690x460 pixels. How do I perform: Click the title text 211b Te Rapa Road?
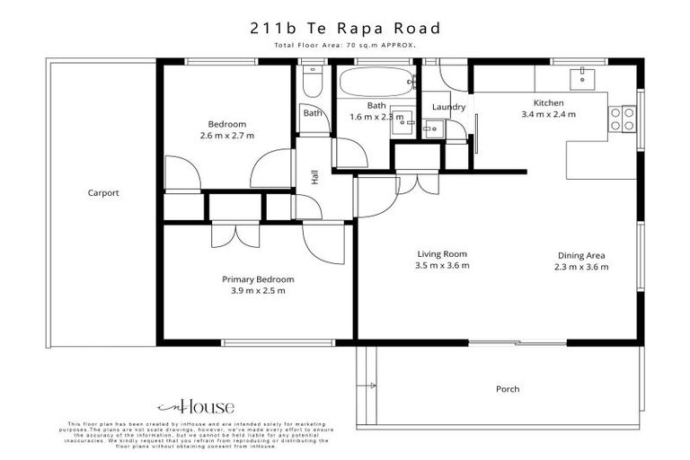pyautogui.click(x=345, y=28)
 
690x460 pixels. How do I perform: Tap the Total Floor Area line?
pyautogui.click(x=345, y=45)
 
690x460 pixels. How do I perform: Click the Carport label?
pyautogui.click(x=103, y=192)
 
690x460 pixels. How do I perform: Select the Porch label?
pyautogui.click(x=508, y=389)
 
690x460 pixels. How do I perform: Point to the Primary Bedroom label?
pyautogui.click(x=258, y=279)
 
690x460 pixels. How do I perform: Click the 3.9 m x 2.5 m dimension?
pyautogui.click(x=258, y=291)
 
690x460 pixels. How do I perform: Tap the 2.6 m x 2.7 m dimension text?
pyautogui.click(x=226, y=136)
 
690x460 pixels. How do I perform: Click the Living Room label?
pyautogui.click(x=442, y=253)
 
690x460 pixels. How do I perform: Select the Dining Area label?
pyautogui.click(x=581, y=255)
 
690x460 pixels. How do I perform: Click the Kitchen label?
pyautogui.click(x=548, y=102)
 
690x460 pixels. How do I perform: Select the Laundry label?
pyautogui.click(x=448, y=108)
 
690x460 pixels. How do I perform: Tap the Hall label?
pyautogui.click(x=315, y=177)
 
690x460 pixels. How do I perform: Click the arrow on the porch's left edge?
pyautogui.click(x=369, y=386)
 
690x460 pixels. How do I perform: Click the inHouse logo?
pyautogui.click(x=196, y=406)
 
